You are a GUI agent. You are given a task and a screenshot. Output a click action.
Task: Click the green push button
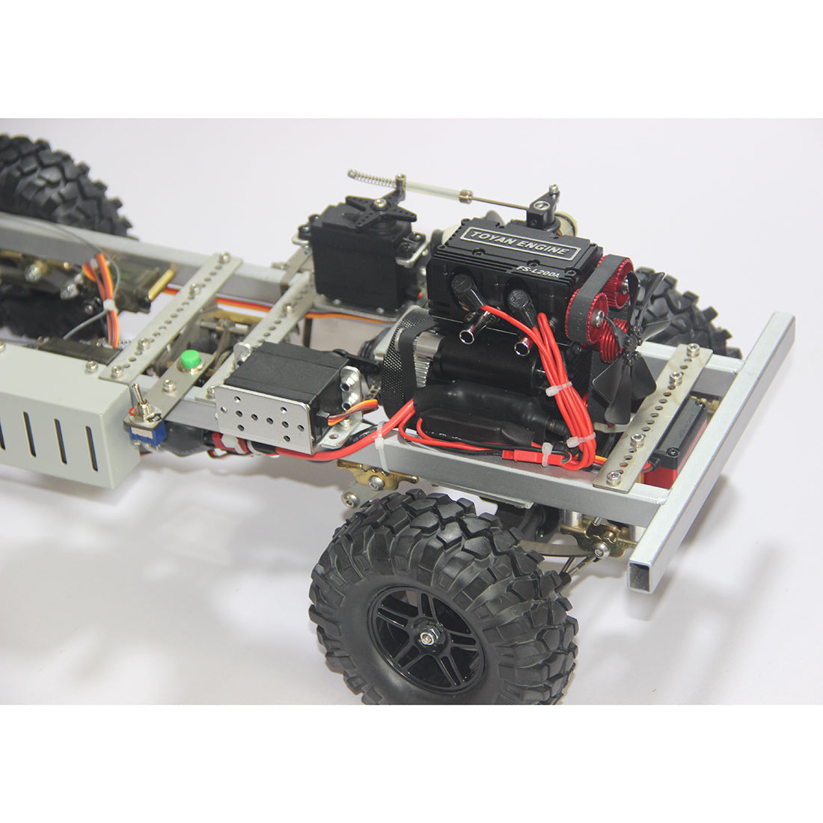tap(191, 360)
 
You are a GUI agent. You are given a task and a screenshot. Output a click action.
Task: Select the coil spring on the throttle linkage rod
tap(372, 180)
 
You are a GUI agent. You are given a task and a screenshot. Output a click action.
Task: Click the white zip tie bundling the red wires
tap(555, 390)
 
